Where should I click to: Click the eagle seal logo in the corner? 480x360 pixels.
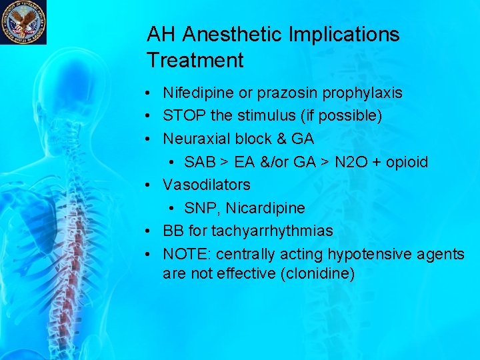[x=23, y=22]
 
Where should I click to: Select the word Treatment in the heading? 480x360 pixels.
[x=195, y=61]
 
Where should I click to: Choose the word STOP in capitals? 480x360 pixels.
[x=184, y=115]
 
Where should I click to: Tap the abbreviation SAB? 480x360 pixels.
[x=199, y=162]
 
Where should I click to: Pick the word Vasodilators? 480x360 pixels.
[x=207, y=185]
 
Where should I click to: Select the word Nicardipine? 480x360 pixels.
[x=265, y=208]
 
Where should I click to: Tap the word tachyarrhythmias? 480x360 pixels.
[x=272, y=231]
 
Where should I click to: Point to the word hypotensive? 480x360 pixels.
[x=360, y=254]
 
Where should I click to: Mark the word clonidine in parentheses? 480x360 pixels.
[x=314, y=273]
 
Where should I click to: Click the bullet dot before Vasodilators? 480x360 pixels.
[x=152, y=185]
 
